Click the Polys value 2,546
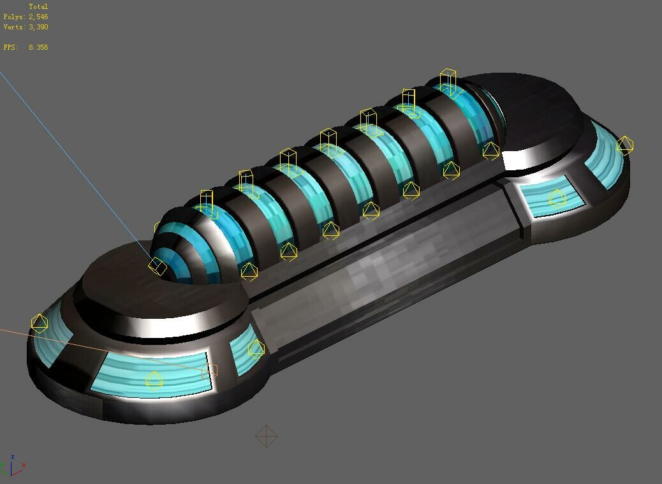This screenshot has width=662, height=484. [38, 17]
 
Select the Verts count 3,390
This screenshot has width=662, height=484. [38, 27]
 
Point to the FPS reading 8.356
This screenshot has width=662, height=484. [38, 47]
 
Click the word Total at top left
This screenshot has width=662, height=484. [38, 6]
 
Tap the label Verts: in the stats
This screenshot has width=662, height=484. [14, 27]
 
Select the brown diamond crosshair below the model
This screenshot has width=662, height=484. [266, 437]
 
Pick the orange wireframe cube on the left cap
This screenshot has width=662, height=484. [209, 370]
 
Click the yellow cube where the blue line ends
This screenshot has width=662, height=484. [158, 266]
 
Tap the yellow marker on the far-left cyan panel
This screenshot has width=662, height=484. [40, 323]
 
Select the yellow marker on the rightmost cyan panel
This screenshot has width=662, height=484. [624, 145]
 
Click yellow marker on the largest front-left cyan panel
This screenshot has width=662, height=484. [154, 381]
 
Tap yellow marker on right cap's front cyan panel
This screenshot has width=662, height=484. [557, 198]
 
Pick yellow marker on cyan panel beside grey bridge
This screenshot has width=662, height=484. [256, 349]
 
